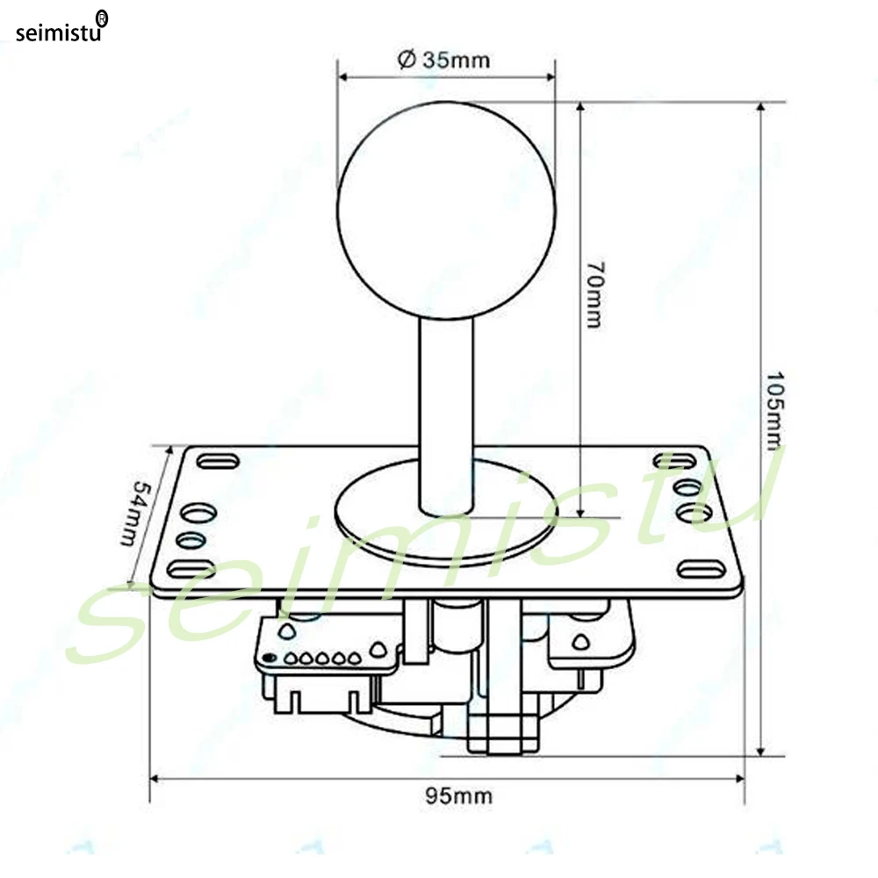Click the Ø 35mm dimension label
(443, 60)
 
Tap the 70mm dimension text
(594, 294)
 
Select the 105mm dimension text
(775, 410)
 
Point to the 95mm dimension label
(458, 795)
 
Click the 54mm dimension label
(136, 513)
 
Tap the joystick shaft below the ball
(446, 416)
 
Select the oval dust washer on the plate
(446, 513)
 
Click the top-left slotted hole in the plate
(218, 462)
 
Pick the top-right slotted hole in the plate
(674, 460)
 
